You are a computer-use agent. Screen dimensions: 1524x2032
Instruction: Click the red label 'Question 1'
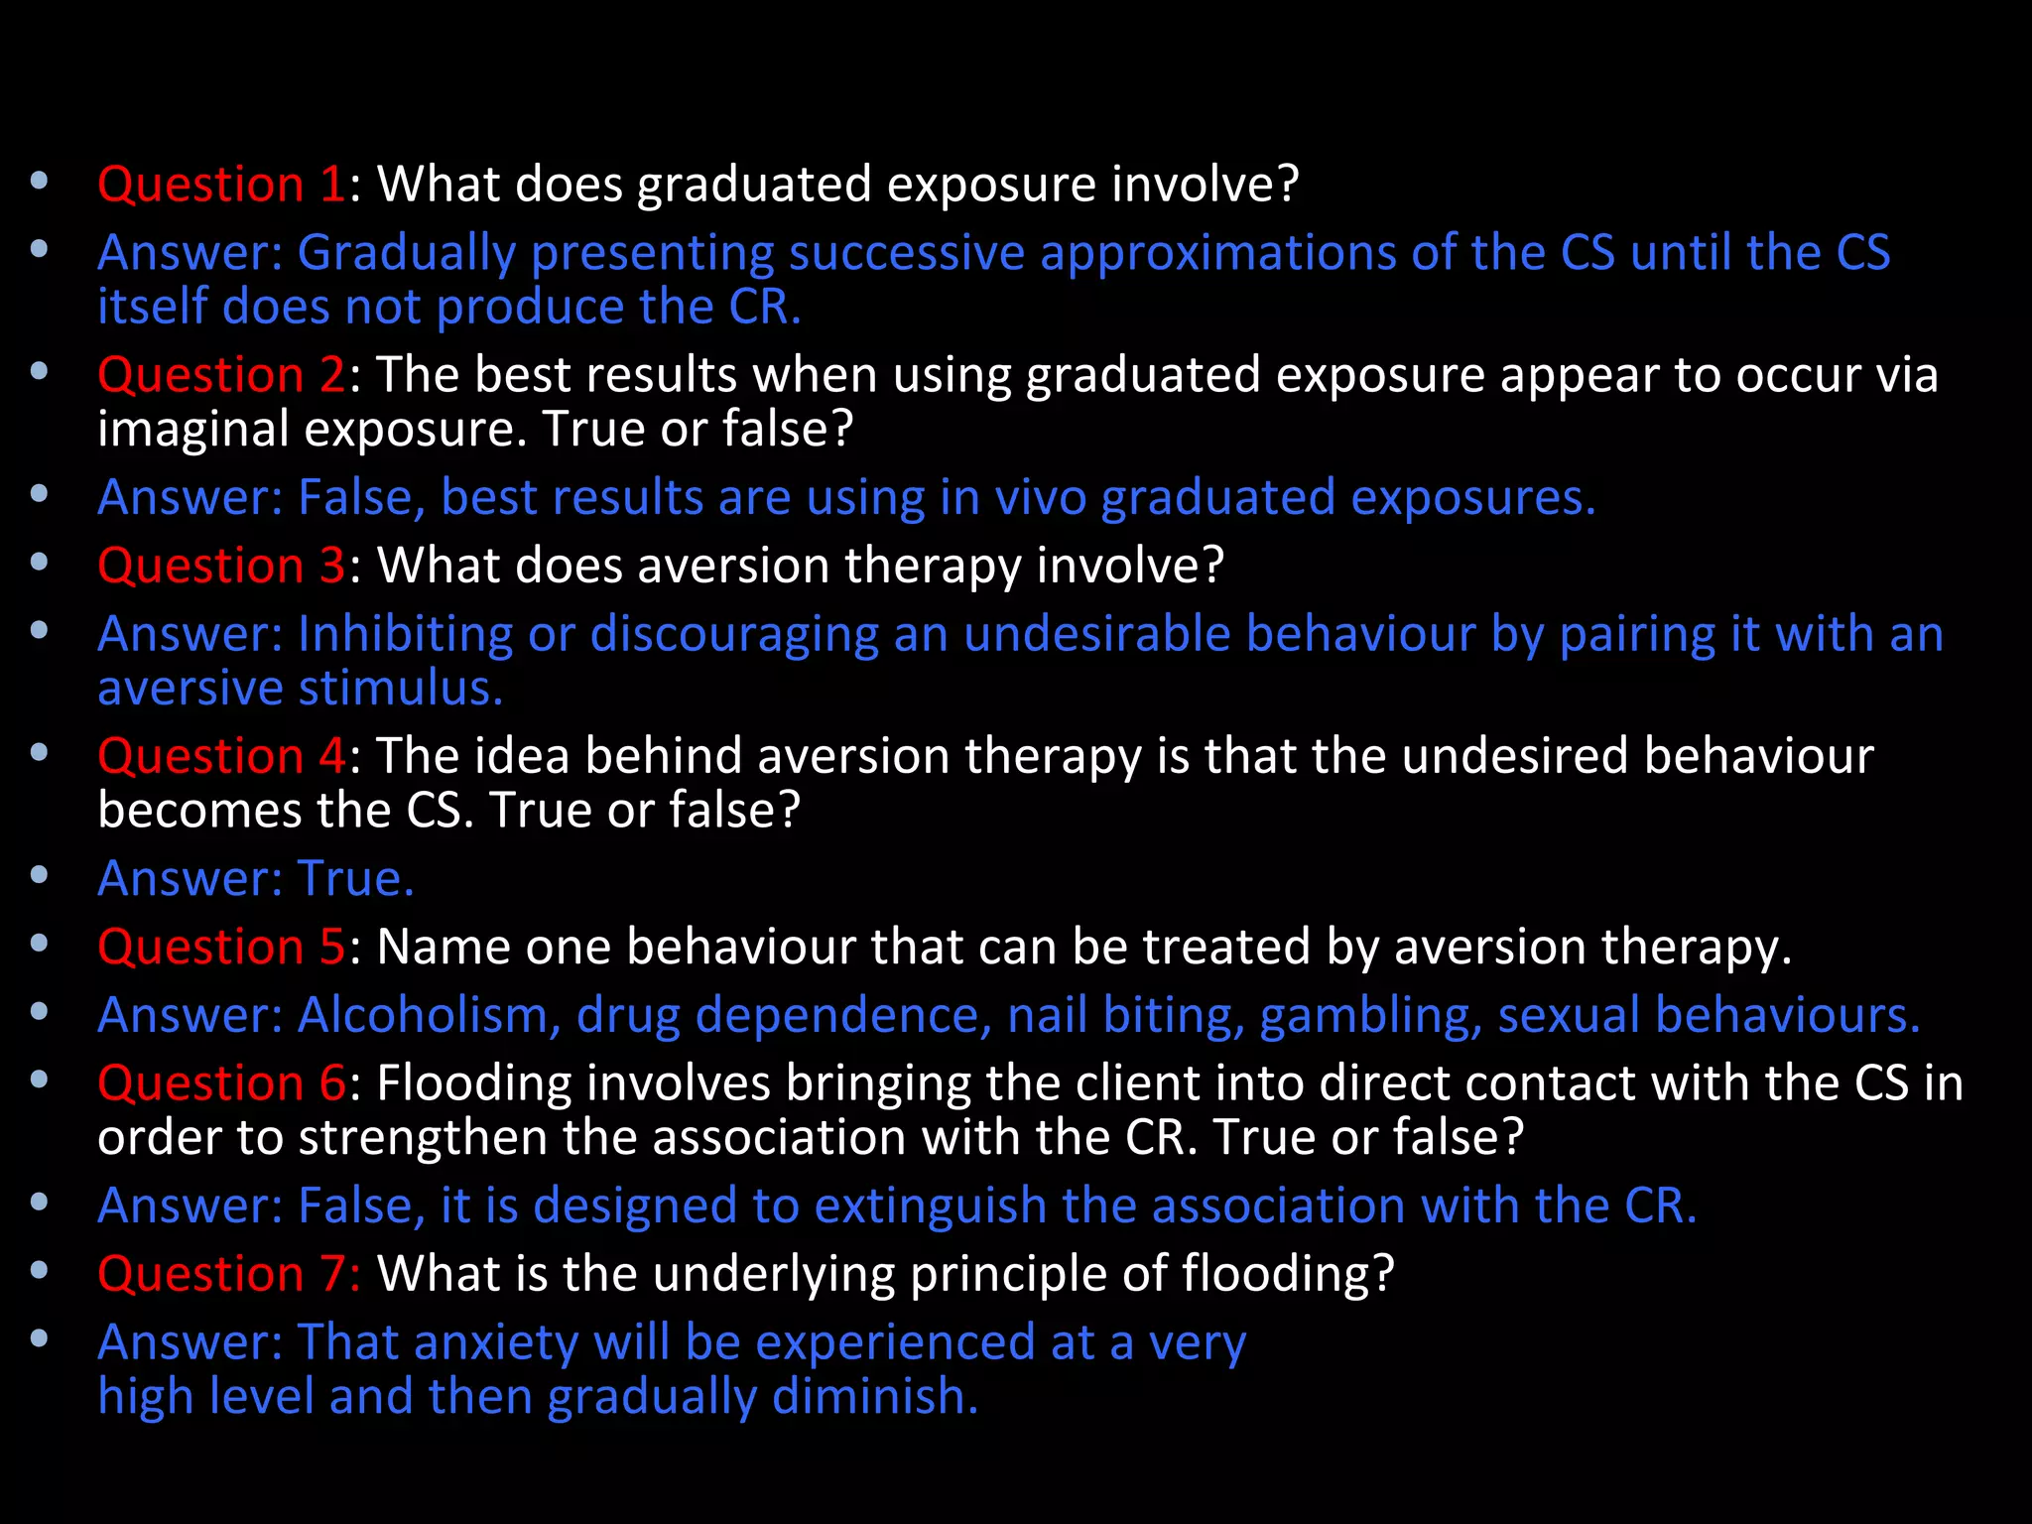tap(220, 185)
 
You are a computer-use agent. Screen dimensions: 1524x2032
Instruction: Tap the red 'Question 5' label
tap(220, 947)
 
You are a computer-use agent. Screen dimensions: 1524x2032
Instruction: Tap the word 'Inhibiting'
tap(405, 634)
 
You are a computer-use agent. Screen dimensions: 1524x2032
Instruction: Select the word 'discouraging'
tap(734, 635)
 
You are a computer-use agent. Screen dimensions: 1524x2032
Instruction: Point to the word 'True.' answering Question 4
tap(355, 878)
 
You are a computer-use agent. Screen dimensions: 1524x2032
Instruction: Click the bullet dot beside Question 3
tap(40, 562)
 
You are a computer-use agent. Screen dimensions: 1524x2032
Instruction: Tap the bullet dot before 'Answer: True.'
tap(40, 875)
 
